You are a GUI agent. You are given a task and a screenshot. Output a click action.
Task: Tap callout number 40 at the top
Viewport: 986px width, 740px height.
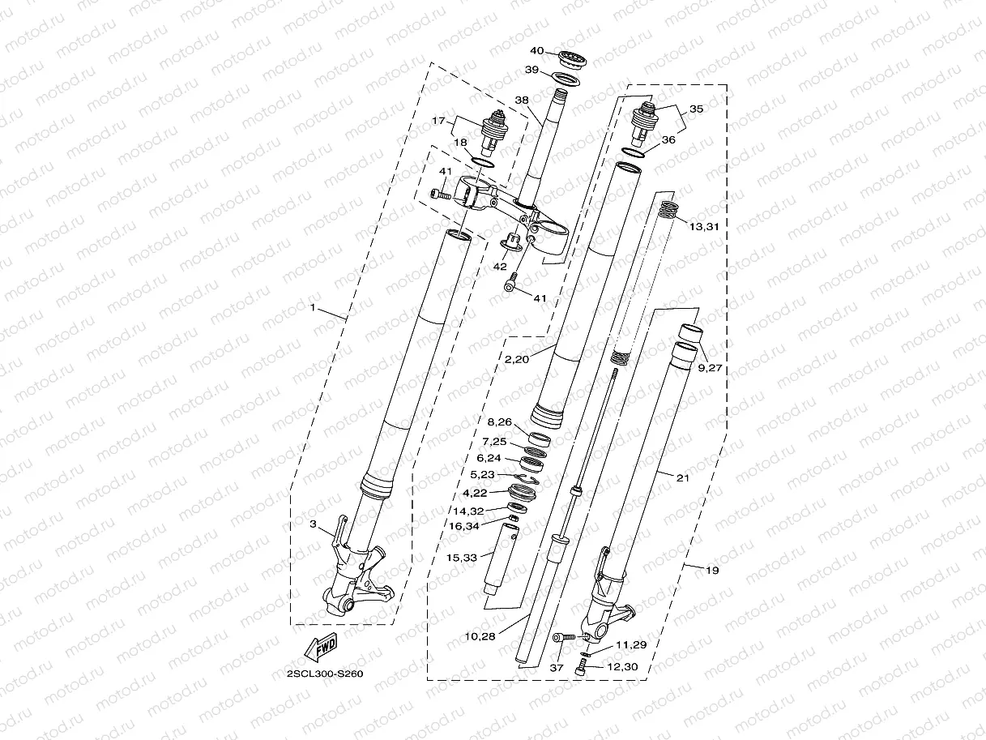tap(537, 51)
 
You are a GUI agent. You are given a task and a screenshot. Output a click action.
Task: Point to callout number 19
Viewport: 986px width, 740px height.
tap(711, 571)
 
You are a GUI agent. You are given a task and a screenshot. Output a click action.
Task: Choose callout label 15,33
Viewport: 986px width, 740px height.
tap(463, 557)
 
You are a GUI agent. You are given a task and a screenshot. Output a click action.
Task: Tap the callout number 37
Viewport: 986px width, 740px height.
tap(556, 667)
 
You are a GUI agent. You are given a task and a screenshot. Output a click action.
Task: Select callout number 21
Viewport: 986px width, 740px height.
tap(682, 477)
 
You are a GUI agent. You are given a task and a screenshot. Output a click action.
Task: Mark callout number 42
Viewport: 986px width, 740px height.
tap(500, 265)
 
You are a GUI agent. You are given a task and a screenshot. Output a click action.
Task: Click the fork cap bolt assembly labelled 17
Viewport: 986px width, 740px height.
tap(493, 130)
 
